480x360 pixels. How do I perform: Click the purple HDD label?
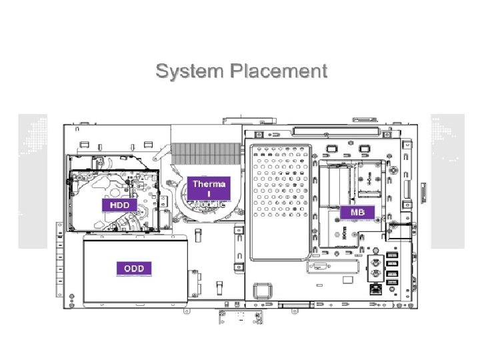pyautogui.click(x=119, y=205)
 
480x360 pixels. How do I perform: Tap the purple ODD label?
pyautogui.click(x=135, y=269)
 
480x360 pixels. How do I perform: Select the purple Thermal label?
pyautogui.click(x=209, y=187)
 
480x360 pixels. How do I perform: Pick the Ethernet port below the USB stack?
pyautogui.click(x=375, y=290)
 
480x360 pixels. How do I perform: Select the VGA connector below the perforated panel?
pyautogui.click(x=318, y=268)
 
